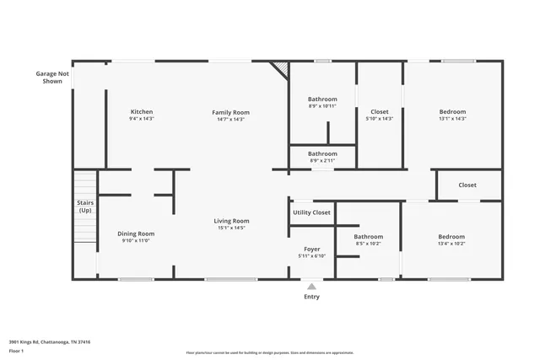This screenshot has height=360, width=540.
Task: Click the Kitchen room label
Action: pos(142,112)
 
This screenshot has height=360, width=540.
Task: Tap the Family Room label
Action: pos(230,112)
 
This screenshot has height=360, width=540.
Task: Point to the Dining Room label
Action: pos(135,234)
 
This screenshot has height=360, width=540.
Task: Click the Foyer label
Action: pos(311,250)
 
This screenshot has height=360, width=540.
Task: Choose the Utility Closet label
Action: pos(311,212)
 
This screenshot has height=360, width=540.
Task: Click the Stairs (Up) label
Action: pos(85,206)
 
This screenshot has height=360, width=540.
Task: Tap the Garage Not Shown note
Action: pos(48,77)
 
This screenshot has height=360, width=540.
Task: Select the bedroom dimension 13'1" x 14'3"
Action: pos(452,119)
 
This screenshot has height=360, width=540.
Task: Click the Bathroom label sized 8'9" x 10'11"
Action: pos(322,99)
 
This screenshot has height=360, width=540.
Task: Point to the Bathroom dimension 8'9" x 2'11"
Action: pos(322,160)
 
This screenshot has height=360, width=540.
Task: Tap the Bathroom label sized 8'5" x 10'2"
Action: pos(368,237)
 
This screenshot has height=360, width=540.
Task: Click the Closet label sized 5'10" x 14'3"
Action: pos(380,112)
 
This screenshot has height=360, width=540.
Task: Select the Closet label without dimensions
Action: pos(467,185)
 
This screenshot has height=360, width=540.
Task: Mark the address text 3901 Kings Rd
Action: pos(50,342)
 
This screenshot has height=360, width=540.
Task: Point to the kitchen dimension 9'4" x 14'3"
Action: pos(142,119)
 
